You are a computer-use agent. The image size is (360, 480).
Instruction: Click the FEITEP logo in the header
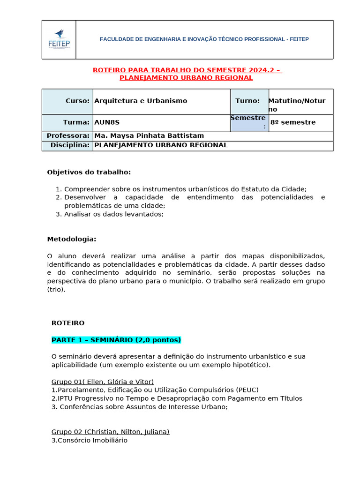pyautogui.click(x=59, y=39)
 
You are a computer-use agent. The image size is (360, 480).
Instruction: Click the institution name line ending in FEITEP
pyautogui.click(x=204, y=39)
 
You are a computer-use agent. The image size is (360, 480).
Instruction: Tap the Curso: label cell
pyautogui.click(x=68, y=101)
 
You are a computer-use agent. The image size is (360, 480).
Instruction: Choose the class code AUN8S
pyautogui.click(x=107, y=122)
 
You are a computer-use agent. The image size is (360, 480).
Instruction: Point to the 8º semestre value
pyautogui.click(x=293, y=122)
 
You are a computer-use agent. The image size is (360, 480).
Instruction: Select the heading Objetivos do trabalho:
pyautogui.click(x=89, y=172)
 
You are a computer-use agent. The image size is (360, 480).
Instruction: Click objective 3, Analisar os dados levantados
pyautogui.click(x=113, y=214)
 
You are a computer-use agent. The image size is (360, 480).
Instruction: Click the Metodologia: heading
pyautogui.click(x=71, y=239)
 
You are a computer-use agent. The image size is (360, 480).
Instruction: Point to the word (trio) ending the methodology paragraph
pyautogui.click(x=57, y=290)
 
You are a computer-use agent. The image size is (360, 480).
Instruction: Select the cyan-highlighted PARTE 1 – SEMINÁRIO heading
pyautogui.click(x=116, y=340)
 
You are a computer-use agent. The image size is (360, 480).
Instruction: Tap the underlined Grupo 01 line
pyautogui.click(x=102, y=382)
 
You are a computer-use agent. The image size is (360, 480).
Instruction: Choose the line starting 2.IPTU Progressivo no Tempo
pyautogui.click(x=177, y=398)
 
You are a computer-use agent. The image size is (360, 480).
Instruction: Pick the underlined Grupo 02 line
pyautogui.click(x=110, y=432)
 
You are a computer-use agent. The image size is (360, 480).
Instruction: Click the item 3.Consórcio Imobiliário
pyautogui.click(x=89, y=440)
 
